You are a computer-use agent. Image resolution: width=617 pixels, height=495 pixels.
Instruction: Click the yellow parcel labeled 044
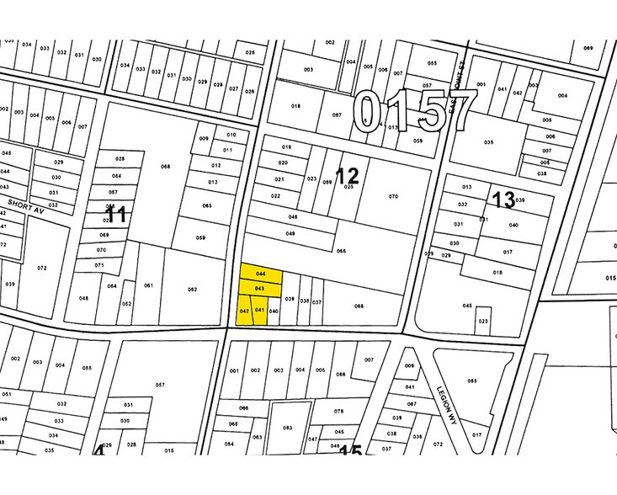tap(260, 274)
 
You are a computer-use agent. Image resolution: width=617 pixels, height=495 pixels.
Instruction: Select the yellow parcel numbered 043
tap(260, 289)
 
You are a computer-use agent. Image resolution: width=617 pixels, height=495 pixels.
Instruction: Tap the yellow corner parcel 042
tap(244, 311)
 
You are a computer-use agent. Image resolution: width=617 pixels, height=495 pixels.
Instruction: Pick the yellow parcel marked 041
tap(259, 310)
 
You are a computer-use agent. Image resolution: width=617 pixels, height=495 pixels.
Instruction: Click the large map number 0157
tap(413, 114)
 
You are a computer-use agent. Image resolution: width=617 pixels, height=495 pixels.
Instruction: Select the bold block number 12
tap(346, 176)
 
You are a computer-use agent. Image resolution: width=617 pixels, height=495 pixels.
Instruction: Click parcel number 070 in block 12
tap(392, 196)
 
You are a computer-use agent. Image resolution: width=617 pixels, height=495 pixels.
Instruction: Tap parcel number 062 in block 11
tap(192, 290)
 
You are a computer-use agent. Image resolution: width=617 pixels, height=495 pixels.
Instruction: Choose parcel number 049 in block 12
tap(290, 233)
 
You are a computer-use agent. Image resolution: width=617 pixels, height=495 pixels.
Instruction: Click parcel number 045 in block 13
tap(466, 306)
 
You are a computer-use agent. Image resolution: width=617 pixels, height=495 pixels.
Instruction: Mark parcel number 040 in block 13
tap(513, 225)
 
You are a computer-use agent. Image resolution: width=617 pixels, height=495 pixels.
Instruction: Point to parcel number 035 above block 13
tap(488, 142)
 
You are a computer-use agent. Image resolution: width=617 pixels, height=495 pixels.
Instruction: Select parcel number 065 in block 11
tap(207, 205)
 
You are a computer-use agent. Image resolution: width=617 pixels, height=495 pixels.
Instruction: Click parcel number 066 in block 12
tap(342, 251)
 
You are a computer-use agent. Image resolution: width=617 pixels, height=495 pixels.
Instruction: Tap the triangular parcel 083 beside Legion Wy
tap(471, 381)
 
